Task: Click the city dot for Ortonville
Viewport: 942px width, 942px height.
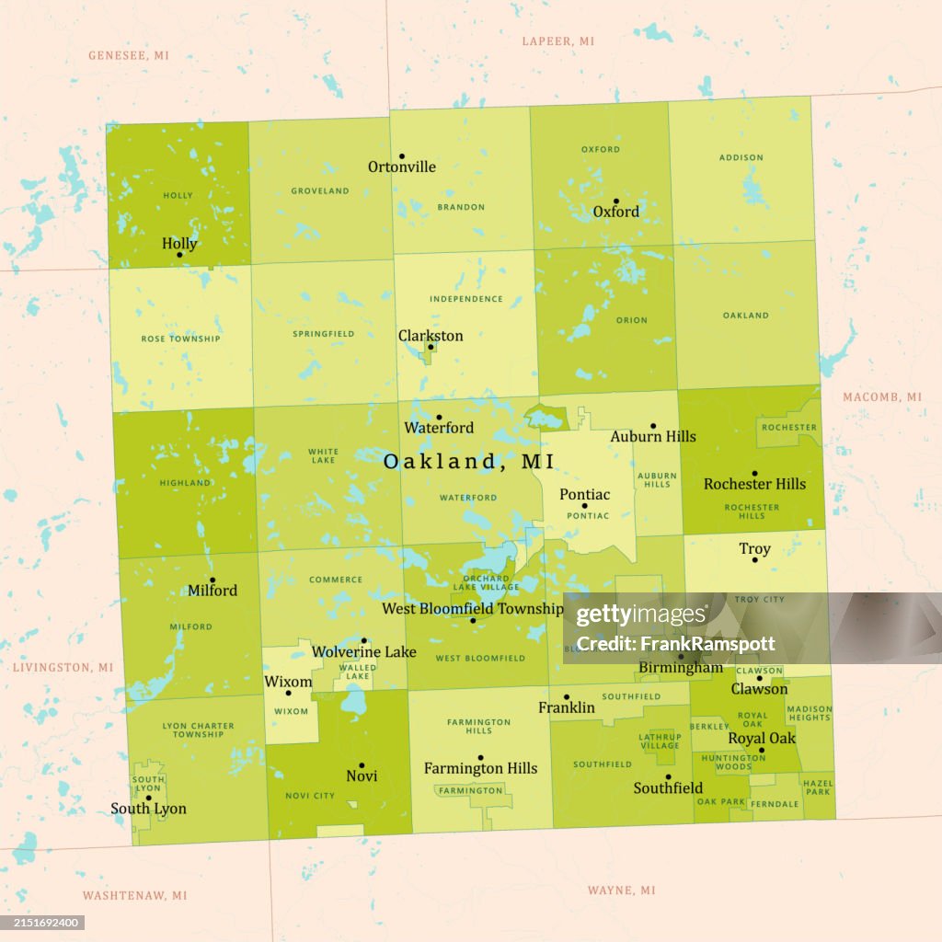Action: pyautogui.click(x=401, y=156)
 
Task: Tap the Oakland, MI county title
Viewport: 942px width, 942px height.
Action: pyautogui.click(x=468, y=462)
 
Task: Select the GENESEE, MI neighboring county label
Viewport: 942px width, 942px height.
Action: pyautogui.click(x=129, y=55)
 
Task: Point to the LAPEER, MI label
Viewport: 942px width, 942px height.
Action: pyautogui.click(x=558, y=41)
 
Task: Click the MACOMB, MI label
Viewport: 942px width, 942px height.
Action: pyautogui.click(x=881, y=396)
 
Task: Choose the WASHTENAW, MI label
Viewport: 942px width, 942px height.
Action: pyautogui.click(x=134, y=895)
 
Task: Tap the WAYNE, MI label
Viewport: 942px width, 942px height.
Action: pyautogui.click(x=622, y=890)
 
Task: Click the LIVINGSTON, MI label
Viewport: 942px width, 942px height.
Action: pyautogui.click(x=63, y=667)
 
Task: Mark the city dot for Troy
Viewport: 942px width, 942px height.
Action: pyautogui.click(x=754, y=559)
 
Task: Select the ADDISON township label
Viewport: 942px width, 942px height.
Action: pyautogui.click(x=741, y=157)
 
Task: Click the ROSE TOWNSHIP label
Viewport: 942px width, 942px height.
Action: pyautogui.click(x=180, y=339)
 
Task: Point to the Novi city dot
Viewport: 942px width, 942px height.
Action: pyautogui.click(x=362, y=765)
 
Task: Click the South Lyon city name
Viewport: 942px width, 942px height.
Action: pyautogui.click(x=148, y=809)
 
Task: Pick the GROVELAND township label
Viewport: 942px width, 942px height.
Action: pyautogui.click(x=320, y=190)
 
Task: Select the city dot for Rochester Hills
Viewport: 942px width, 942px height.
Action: pyautogui.click(x=754, y=473)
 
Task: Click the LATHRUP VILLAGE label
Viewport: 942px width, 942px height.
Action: pyautogui.click(x=660, y=741)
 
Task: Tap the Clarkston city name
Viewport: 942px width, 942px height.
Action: pyautogui.click(x=431, y=336)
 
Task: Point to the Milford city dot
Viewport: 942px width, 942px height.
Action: pyautogui.click(x=213, y=580)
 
